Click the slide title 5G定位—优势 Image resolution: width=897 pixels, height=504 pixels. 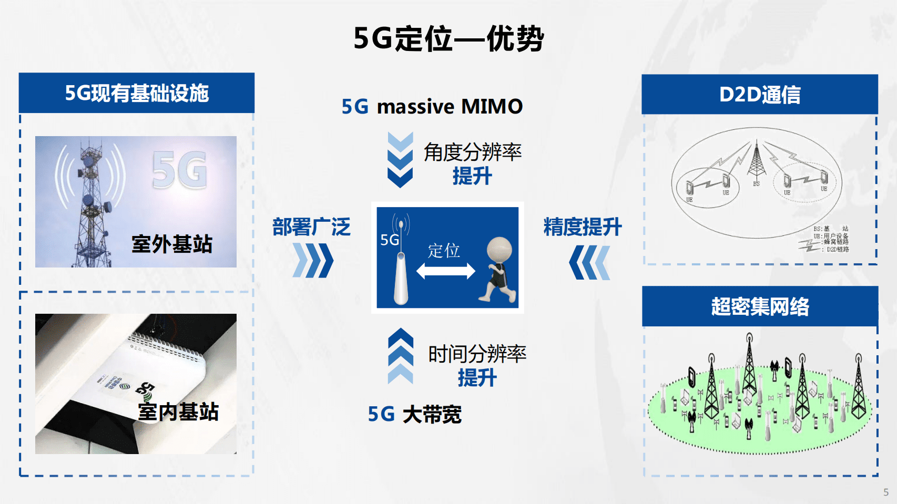(x=449, y=38)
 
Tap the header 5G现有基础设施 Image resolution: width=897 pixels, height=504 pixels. (x=137, y=93)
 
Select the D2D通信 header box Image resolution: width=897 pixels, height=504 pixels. (x=760, y=95)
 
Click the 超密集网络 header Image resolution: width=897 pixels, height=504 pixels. (x=760, y=306)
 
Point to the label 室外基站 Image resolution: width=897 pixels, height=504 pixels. (x=172, y=244)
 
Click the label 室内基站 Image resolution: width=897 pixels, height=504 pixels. (x=178, y=412)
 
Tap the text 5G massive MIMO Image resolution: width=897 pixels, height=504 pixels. (x=432, y=106)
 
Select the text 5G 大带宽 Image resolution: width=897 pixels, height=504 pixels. (x=415, y=415)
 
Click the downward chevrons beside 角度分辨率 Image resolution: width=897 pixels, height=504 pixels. (x=400, y=160)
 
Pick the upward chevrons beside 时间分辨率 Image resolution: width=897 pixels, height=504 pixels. (x=400, y=356)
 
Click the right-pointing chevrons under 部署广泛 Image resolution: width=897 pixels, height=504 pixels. (x=313, y=260)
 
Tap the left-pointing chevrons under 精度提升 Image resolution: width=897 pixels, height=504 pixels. (x=589, y=262)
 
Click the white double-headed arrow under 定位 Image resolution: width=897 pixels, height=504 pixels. (x=445, y=271)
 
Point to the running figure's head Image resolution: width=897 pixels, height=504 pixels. (x=499, y=250)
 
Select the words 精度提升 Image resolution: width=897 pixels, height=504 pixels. (x=583, y=227)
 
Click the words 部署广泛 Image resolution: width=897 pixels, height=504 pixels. (x=311, y=227)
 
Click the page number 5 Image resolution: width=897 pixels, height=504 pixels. (x=886, y=492)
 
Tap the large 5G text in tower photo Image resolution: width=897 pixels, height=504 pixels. (x=179, y=170)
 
